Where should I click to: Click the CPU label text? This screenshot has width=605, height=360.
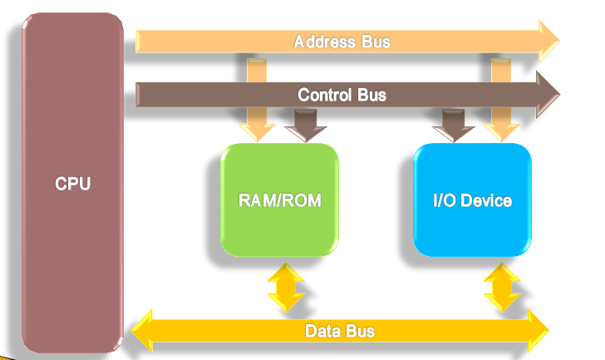73,184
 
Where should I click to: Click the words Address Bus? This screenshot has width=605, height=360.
342,41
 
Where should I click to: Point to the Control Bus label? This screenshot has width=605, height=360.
342,95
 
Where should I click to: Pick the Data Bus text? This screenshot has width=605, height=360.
340,331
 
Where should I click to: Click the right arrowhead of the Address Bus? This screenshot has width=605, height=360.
548,40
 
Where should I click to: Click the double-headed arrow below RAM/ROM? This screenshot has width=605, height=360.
285,287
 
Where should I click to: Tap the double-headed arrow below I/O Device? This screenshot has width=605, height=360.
501,287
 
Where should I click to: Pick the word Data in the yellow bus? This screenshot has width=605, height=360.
322,331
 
